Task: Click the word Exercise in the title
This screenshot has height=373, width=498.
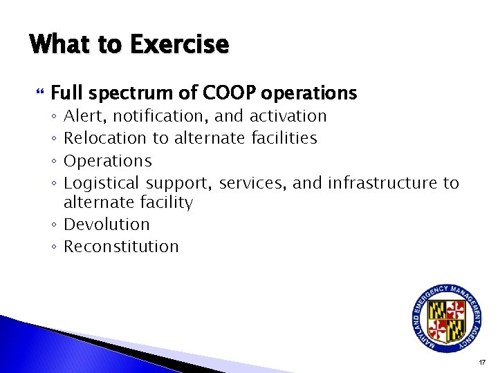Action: [178, 45]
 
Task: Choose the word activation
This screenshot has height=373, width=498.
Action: [288, 116]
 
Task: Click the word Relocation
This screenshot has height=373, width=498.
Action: [106, 138]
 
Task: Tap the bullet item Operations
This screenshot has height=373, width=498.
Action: [107, 161]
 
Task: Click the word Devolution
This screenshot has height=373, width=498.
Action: [107, 224]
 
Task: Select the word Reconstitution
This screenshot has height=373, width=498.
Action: [121, 247]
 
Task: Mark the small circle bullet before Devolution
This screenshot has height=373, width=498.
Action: [55, 225]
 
